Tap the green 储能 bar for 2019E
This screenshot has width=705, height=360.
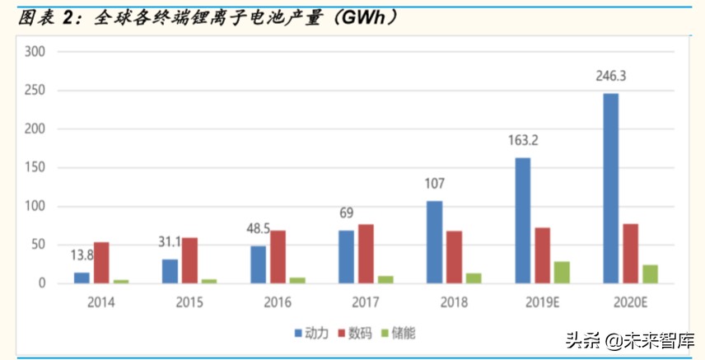pyautogui.click(x=561, y=273)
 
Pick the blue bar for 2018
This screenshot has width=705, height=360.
pyautogui.click(x=434, y=242)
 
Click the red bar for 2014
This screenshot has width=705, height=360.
pyautogui.click(x=101, y=263)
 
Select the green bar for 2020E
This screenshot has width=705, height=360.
pyautogui.click(x=650, y=274)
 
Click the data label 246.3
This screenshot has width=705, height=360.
pyautogui.click(x=610, y=76)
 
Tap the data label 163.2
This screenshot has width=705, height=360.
pyautogui.click(x=522, y=140)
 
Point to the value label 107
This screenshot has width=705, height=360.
pyautogui.click(x=434, y=184)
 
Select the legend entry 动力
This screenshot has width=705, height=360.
pyautogui.click(x=311, y=333)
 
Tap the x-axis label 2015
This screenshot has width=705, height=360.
pyautogui.click(x=190, y=302)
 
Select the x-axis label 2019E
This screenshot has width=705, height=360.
pyautogui.click(x=541, y=302)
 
